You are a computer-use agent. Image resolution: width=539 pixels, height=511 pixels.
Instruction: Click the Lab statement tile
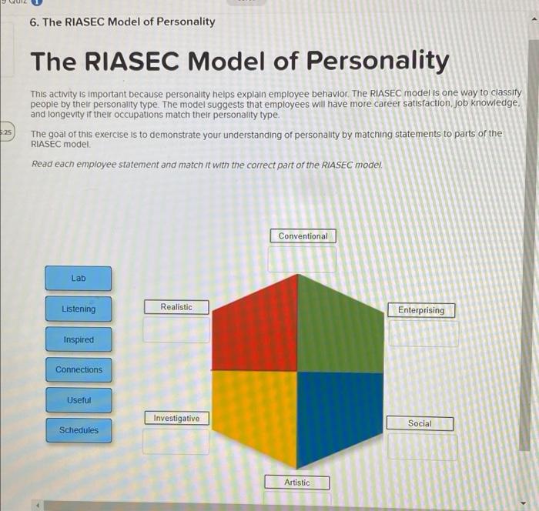click(x=78, y=278)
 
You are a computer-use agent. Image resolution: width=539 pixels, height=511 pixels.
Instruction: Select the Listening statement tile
click(x=78, y=309)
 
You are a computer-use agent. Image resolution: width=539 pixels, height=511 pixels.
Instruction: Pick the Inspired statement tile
click(x=78, y=339)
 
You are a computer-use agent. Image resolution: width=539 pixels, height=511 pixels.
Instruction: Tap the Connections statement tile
click(x=78, y=369)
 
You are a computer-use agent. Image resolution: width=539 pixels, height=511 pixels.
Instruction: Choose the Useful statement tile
click(x=78, y=400)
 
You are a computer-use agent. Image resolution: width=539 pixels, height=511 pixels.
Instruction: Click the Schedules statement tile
click(x=78, y=430)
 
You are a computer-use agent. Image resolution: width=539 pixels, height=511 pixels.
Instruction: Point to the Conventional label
click(x=303, y=236)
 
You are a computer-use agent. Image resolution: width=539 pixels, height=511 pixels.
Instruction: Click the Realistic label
click(x=176, y=307)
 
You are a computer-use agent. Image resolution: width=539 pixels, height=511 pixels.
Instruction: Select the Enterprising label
click(x=420, y=310)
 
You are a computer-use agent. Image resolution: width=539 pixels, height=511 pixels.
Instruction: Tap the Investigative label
click(x=176, y=419)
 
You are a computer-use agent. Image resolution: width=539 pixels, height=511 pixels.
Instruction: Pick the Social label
click(x=420, y=423)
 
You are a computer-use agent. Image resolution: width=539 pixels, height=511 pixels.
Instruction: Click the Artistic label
click(x=296, y=483)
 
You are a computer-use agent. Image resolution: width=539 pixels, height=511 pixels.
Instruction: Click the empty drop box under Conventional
click(x=302, y=259)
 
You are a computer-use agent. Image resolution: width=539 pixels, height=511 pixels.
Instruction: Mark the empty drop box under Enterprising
click(x=423, y=333)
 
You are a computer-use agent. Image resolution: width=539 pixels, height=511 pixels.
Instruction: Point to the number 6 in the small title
click(x=34, y=22)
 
